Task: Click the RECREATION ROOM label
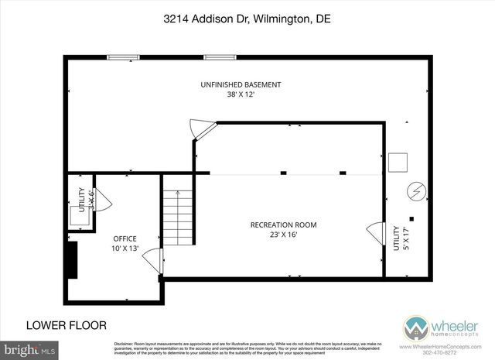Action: click(283, 225)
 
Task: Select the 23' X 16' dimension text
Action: click(283, 236)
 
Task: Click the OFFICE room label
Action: click(125, 238)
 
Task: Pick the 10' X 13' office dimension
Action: click(125, 249)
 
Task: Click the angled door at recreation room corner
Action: click(203, 129)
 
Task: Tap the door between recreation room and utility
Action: click(376, 232)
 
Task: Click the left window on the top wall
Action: click(123, 57)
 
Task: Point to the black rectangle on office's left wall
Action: click(72, 259)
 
